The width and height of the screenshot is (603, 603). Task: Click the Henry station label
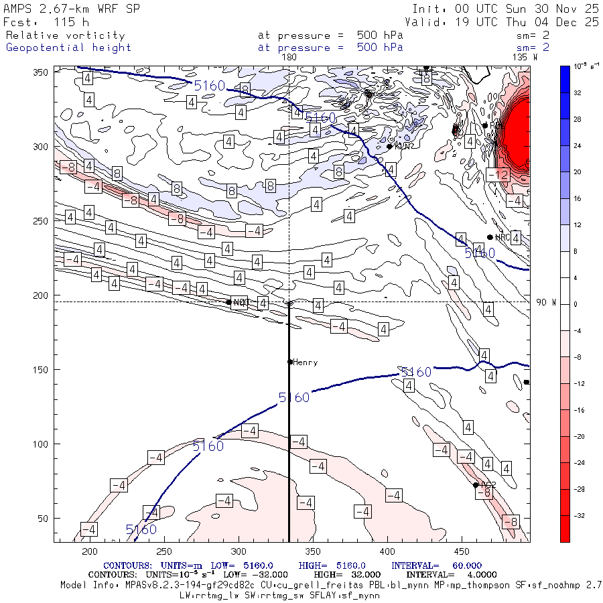306,362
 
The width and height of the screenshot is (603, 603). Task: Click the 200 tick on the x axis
89,551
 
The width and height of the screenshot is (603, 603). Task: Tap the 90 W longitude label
547,302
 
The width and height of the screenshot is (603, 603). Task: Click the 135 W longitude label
524,58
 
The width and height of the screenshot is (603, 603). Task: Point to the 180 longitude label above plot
289,58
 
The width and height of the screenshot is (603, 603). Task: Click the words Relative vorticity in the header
65,36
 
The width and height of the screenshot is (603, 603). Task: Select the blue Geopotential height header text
68,48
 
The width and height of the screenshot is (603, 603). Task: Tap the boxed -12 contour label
498,175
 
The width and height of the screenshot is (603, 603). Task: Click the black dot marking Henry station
290,362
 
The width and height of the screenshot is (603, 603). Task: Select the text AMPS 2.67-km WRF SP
68,9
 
